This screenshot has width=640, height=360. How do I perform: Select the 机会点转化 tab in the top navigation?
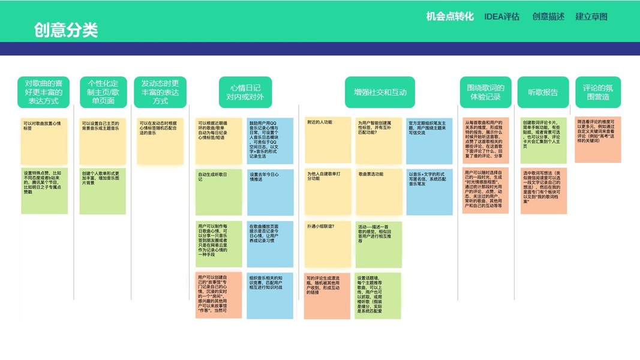(x=450, y=16)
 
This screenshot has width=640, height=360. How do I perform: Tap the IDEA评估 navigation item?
(x=502, y=16)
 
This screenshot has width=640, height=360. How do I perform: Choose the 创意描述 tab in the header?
(x=548, y=16)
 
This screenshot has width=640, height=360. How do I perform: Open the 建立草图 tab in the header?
(x=591, y=16)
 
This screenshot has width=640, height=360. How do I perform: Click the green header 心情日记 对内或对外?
(x=245, y=92)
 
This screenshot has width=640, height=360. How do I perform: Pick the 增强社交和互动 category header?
(x=380, y=92)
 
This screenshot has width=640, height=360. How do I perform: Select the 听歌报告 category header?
(x=543, y=92)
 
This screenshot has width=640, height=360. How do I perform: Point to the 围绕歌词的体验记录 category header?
(x=485, y=92)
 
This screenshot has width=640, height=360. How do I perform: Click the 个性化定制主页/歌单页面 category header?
(x=103, y=92)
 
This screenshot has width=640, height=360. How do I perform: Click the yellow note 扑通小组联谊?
(x=327, y=244)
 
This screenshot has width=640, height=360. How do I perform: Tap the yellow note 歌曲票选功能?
(x=378, y=191)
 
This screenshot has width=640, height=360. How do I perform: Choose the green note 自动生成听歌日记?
(x=219, y=191)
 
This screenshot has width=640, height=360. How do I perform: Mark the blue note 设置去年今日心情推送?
(x=271, y=191)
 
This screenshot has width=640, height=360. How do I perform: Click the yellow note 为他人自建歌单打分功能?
(x=327, y=191)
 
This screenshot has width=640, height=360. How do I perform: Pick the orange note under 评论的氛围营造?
(x=597, y=139)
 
